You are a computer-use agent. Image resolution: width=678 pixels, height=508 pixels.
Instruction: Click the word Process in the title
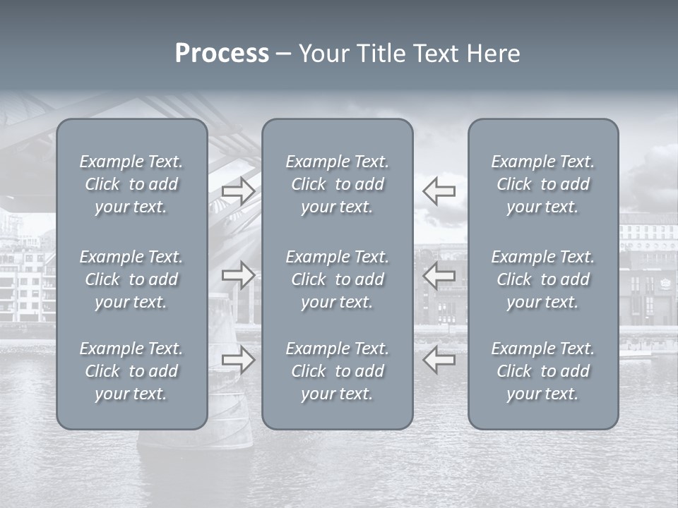pos(222,54)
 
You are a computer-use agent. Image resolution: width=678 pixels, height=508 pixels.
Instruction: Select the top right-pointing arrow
pos(239,191)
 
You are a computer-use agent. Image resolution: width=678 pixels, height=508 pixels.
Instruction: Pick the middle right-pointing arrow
pos(239,274)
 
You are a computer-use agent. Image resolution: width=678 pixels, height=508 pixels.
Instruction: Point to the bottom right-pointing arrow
pos(239,360)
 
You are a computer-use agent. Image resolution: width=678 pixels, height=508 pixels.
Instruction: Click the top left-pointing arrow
pos(439,191)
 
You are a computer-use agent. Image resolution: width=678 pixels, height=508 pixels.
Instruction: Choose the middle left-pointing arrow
pos(439,274)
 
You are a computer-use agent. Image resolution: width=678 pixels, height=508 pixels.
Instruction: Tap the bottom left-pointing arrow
pos(439,360)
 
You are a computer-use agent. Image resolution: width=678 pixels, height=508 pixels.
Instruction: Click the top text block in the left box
pos(131,184)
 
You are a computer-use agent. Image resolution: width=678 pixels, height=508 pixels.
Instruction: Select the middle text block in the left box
pos(131,279)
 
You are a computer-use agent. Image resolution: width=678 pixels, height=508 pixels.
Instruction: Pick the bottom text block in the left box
pos(131,371)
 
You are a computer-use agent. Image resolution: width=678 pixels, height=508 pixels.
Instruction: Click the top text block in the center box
pos(338,184)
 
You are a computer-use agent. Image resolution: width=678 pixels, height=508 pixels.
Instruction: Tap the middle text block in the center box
pos(338,279)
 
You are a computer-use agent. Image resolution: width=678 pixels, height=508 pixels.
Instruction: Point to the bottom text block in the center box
pos(338,371)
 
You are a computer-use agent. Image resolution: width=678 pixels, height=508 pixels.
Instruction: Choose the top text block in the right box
pos(543,184)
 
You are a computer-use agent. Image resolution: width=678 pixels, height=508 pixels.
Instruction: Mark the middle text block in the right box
pos(543,279)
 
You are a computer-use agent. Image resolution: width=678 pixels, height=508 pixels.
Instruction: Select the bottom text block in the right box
pos(543,371)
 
